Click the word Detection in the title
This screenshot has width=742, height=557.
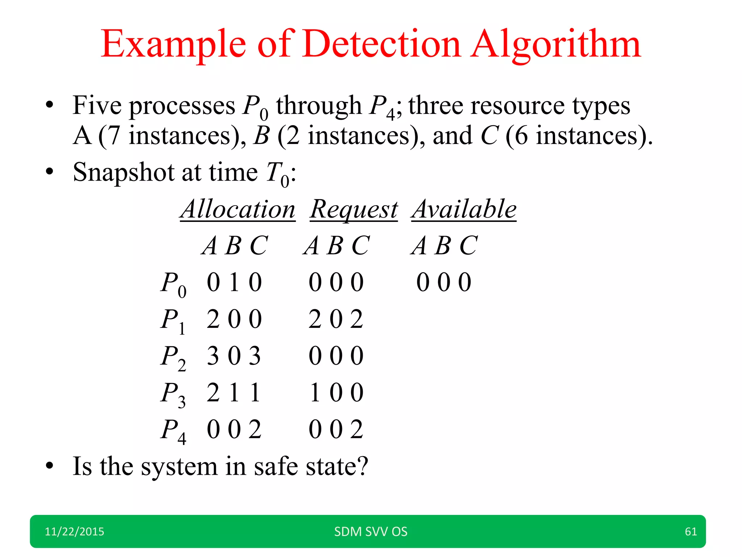point(382,44)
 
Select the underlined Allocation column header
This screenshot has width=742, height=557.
point(238,209)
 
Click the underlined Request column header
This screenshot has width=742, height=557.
point(354,210)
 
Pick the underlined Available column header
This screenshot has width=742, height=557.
point(464,209)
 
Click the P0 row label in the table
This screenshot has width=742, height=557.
point(173,284)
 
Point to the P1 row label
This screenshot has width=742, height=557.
point(173,321)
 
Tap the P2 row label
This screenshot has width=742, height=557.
point(173,358)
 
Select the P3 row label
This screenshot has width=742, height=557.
point(173,394)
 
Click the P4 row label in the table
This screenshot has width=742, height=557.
point(173,431)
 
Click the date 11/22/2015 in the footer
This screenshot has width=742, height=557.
point(74,532)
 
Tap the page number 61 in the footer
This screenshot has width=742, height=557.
point(691,532)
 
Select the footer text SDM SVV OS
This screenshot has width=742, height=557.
point(371,532)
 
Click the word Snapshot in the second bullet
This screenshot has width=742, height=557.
point(124,173)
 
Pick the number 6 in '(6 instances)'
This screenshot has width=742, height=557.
point(521,136)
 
